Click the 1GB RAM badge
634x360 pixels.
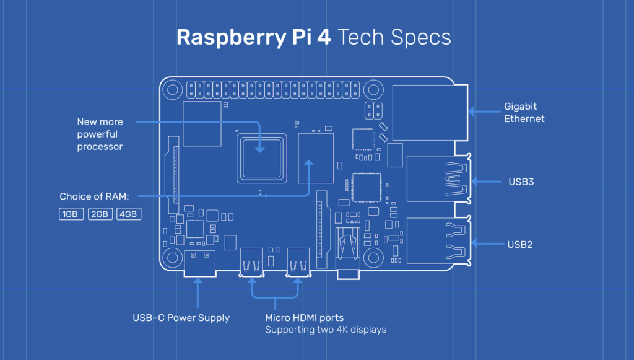tap(69, 214)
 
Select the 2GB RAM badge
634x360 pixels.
tap(99, 214)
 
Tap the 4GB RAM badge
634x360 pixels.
tap(129, 214)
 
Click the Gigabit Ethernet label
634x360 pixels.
tap(524, 112)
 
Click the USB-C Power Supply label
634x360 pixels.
tap(181, 318)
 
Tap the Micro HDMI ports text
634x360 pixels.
tap(304, 318)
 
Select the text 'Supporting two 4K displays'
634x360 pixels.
tap(325, 330)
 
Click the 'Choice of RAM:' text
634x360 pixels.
tap(94, 196)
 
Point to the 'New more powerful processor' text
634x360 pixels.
tap(100, 134)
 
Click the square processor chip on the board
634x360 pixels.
tap(261, 156)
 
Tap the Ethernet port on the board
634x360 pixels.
tap(430, 112)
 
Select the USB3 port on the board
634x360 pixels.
tap(436, 180)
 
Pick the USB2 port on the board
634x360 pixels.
tap(436, 242)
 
